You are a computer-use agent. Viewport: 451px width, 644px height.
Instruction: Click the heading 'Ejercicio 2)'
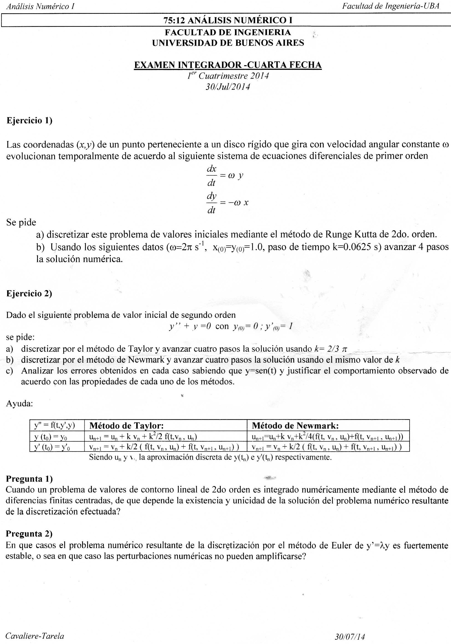(x=29, y=293)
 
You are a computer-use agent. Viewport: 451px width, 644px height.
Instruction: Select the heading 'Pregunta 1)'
(x=29, y=478)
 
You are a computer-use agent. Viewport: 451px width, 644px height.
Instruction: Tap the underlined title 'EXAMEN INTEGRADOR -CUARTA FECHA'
(x=228, y=65)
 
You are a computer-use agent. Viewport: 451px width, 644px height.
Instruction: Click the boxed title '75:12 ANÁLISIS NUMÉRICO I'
(x=228, y=20)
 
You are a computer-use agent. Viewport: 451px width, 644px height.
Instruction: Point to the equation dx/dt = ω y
(x=225, y=176)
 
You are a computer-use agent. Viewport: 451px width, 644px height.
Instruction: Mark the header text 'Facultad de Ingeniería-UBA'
(x=390, y=6)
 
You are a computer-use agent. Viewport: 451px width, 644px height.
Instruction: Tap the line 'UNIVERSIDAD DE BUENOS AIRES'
(x=228, y=43)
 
